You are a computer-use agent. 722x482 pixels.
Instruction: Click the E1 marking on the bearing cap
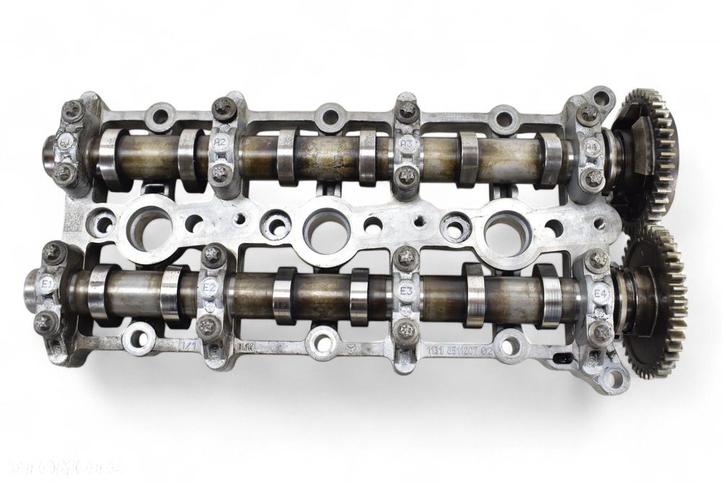[x=46, y=285]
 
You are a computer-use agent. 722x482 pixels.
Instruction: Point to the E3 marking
[x=406, y=292]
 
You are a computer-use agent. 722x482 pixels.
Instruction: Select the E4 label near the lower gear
[x=599, y=294]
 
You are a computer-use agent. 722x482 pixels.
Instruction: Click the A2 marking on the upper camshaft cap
[x=220, y=142]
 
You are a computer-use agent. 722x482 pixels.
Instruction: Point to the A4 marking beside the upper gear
[x=592, y=147]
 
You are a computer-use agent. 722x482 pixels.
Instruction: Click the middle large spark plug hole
[x=326, y=230]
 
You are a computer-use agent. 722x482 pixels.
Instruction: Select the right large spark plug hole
[x=507, y=233]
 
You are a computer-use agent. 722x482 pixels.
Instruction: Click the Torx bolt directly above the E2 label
[x=214, y=254]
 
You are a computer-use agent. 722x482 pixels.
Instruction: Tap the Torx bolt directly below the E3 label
[x=408, y=331]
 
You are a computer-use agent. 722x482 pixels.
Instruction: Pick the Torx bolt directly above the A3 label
[x=408, y=111]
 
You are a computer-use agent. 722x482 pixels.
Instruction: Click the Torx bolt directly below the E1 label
[x=46, y=322]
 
